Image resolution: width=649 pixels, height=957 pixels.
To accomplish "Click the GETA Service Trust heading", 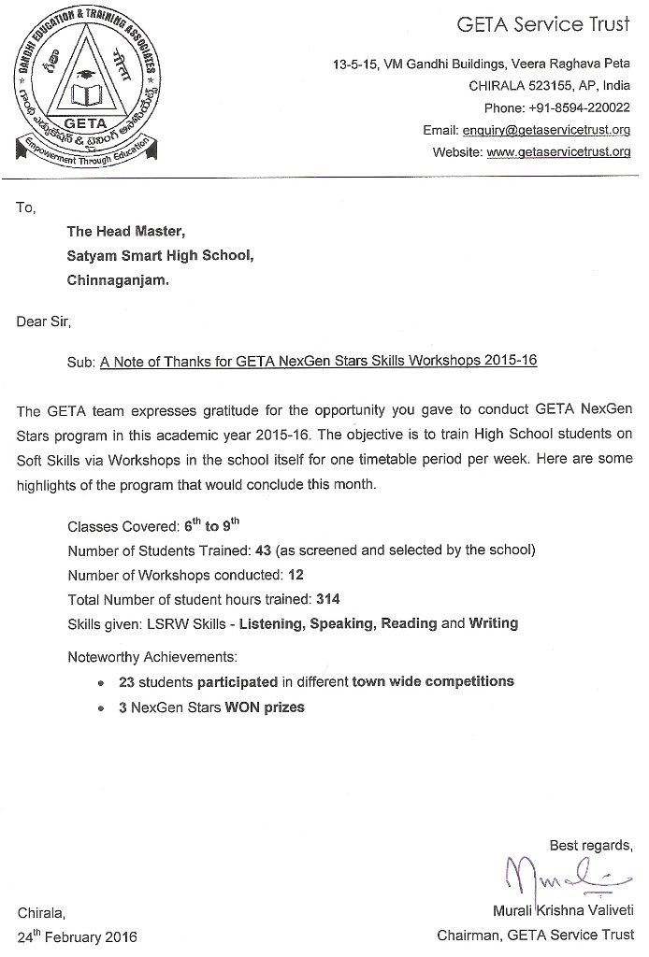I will (543, 25).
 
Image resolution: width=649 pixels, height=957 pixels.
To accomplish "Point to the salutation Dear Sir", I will (43, 322).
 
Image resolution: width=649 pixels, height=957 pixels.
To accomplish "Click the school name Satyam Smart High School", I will (160, 254).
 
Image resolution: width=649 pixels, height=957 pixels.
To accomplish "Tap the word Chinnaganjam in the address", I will (118, 279).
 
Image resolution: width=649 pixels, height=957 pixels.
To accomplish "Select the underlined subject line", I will (319, 361).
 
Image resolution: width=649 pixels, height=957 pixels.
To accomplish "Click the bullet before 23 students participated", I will (100, 683).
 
